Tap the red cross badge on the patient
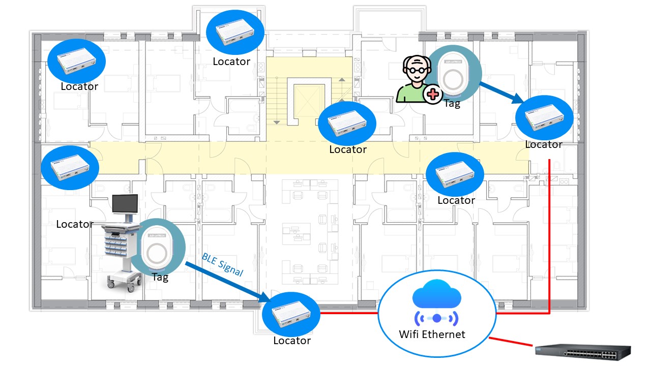[x=433, y=94]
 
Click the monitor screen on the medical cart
[x=125, y=204]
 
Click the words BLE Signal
[x=222, y=264]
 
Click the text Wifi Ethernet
[x=432, y=334]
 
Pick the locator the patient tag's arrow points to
[x=544, y=116]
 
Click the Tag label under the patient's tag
[x=452, y=104]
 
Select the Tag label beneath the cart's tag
[x=160, y=278]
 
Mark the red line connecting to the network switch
[x=511, y=342]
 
